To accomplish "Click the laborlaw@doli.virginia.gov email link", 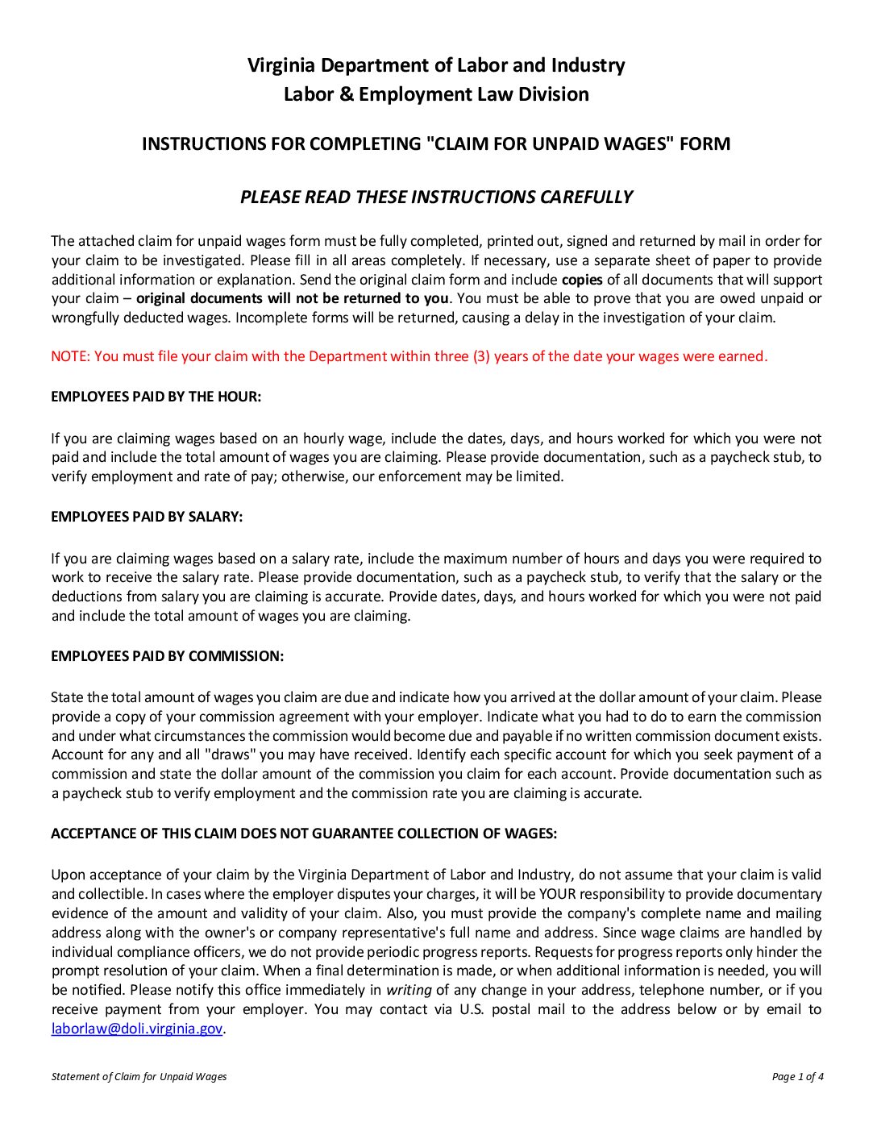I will (x=136, y=1029).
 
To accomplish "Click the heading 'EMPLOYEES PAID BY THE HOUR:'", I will (x=156, y=397).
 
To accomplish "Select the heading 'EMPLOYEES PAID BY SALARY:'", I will (x=147, y=517).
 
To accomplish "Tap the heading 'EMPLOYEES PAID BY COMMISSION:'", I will (x=167, y=656).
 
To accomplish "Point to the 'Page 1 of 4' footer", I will (x=797, y=1076).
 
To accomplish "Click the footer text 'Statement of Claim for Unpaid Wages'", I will (x=139, y=1076).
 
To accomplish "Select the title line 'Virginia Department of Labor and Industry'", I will (x=436, y=65).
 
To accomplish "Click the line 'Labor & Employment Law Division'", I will (x=436, y=94).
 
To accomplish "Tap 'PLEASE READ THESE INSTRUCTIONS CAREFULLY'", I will (x=436, y=197).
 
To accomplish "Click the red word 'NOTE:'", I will (x=70, y=356).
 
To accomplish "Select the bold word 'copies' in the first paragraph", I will (x=582, y=280).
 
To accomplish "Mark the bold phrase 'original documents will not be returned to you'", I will (x=292, y=299).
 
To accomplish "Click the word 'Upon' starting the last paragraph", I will (x=68, y=875).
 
